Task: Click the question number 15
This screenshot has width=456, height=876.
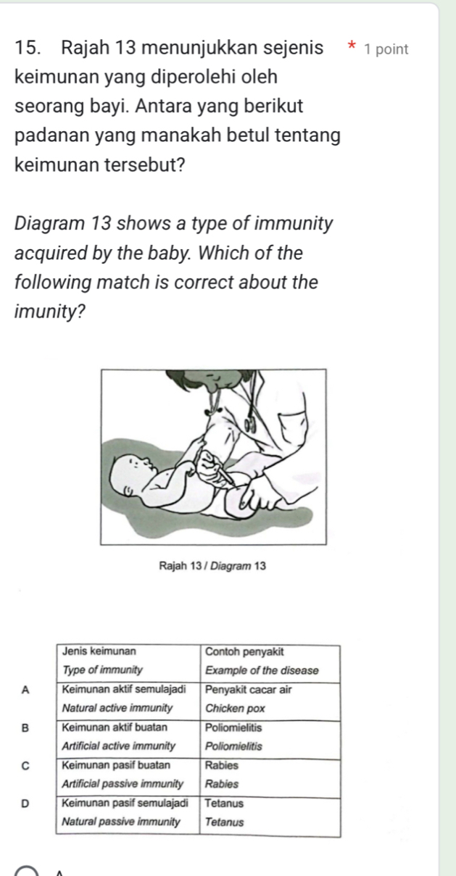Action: (x=28, y=49)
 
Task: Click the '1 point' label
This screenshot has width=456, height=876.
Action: (x=386, y=50)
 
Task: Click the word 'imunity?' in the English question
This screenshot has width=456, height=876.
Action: (x=50, y=312)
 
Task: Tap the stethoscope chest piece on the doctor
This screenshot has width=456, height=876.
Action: (x=249, y=425)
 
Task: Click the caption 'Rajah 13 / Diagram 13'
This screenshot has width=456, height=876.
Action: (x=212, y=566)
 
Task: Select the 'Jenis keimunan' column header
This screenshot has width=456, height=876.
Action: (x=99, y=651)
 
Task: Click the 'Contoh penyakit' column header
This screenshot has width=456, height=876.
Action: (x=244, y=651)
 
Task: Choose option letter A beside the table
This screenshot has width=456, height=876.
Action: (x=25, y=691)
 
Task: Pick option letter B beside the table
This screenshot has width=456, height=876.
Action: (x=25, y=728)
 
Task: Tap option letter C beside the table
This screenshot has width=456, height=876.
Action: (x=25, y=766)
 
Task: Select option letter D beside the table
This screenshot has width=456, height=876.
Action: (x=25, y=804)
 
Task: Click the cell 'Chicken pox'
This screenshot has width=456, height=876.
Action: (x=235, y=708)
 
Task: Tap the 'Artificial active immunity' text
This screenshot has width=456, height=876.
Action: (x=119, y=746)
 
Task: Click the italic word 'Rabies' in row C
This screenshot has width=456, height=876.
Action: (x=222, y=784)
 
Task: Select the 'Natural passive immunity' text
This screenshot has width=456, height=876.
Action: (x=121, y=822)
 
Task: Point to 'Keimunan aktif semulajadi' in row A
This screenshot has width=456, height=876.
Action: (x=124, y=689)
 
